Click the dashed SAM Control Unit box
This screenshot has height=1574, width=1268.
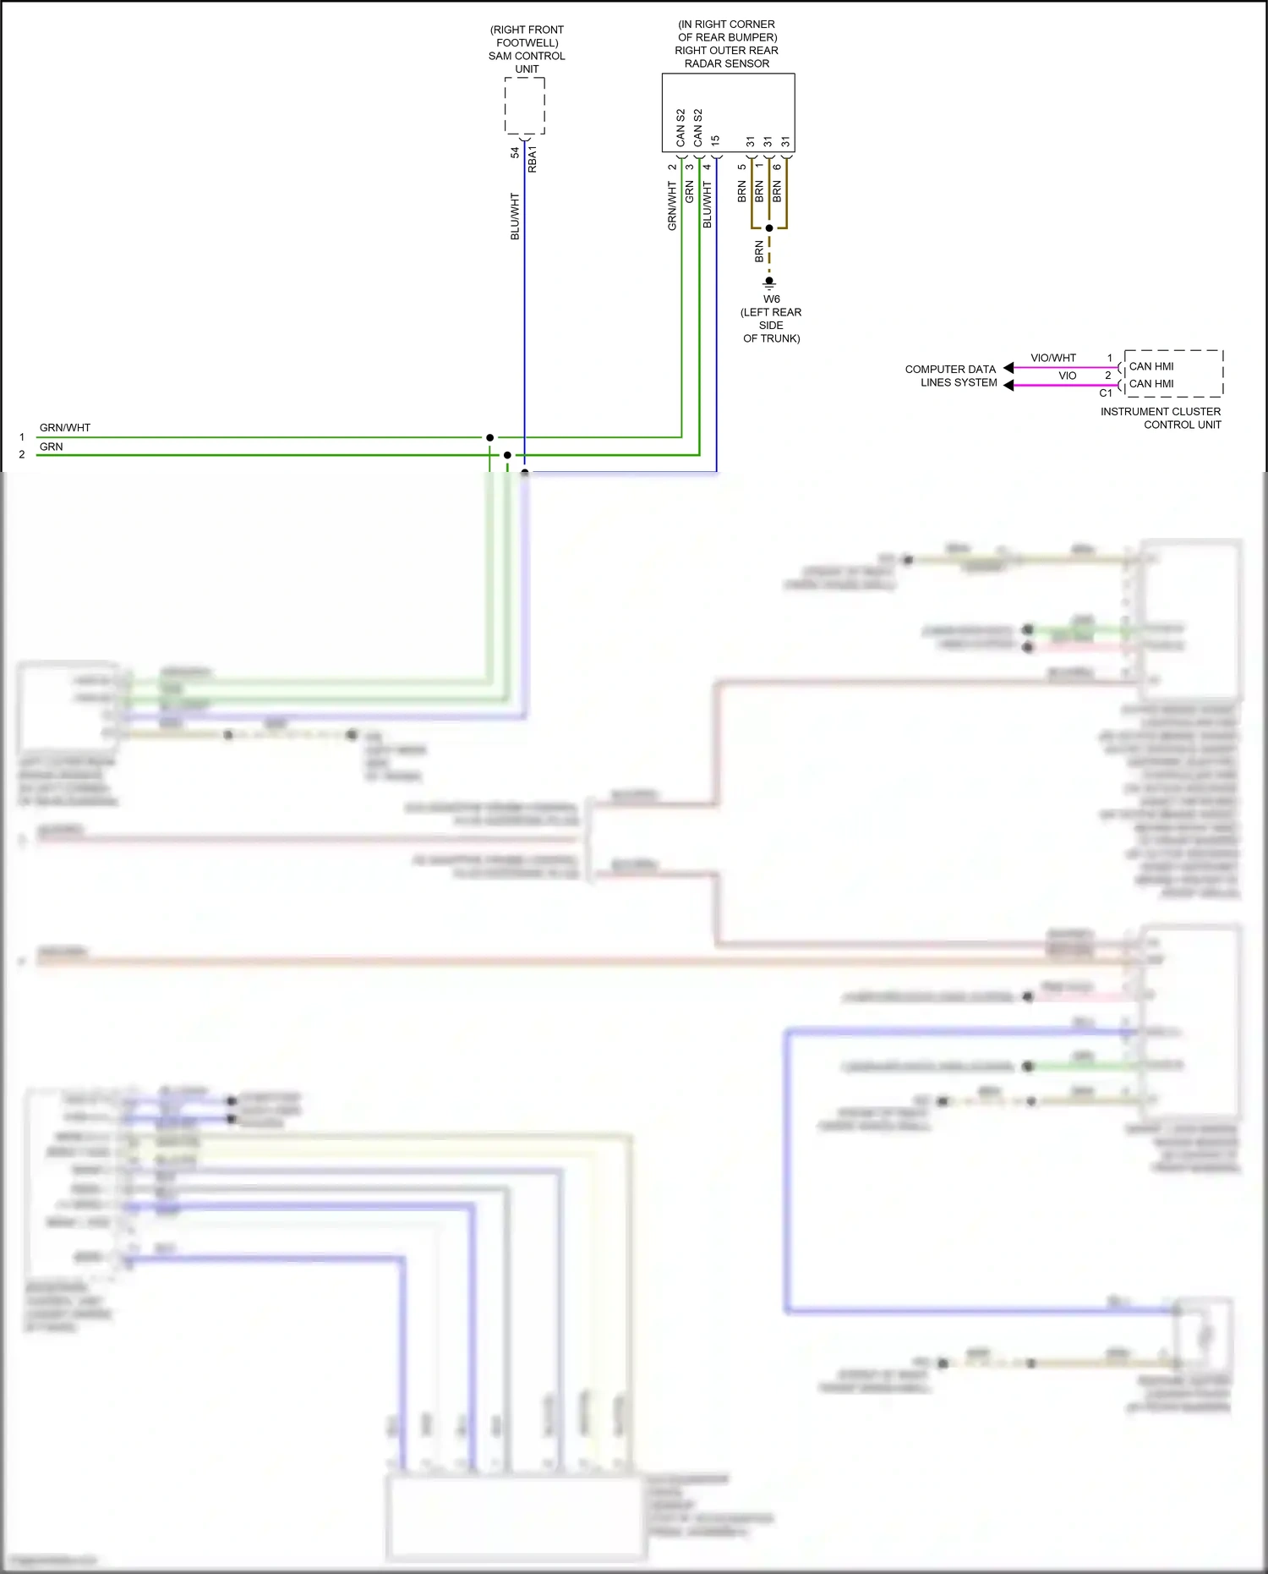[524, 106]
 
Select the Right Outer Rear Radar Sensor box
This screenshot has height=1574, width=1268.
[728, 112]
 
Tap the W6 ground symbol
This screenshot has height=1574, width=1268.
[769, 282]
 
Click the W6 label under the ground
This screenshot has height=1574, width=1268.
[771, 299]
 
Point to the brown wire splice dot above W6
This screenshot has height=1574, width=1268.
[769, 228]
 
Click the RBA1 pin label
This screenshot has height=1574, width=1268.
[533, 159]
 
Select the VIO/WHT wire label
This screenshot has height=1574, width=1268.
[1053, 358]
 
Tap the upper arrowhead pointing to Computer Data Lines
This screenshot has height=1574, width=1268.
[1008, 368]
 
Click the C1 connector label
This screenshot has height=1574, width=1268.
[1105, 393]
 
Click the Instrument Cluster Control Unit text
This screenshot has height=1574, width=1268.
[1161, 418]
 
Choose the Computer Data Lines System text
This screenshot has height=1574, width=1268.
[951, 376]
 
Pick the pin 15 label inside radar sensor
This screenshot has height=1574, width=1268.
[716, 140]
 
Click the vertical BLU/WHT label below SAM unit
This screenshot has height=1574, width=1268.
[515, 216]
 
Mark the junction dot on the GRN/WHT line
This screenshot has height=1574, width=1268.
[489, 437]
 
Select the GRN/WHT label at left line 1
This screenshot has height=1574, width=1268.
[65, 427]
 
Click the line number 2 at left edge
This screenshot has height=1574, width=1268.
[22, 455]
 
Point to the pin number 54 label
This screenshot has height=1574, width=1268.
[515, 153]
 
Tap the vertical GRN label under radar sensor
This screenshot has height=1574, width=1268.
[690, 191]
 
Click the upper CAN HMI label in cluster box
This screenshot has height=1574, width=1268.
[1151, 366]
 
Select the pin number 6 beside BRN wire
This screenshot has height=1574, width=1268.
[777, 167]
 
